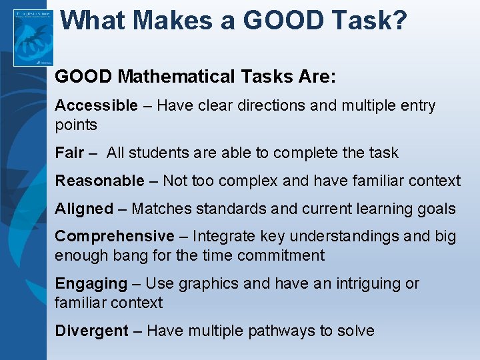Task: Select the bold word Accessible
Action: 96,105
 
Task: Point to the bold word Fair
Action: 69,153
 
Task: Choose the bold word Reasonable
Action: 99,181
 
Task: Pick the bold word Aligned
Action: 84,209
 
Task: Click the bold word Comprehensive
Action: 114,236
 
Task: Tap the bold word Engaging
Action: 91,283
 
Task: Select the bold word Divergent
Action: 91,331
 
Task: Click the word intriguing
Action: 371,283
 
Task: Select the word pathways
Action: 289,331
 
